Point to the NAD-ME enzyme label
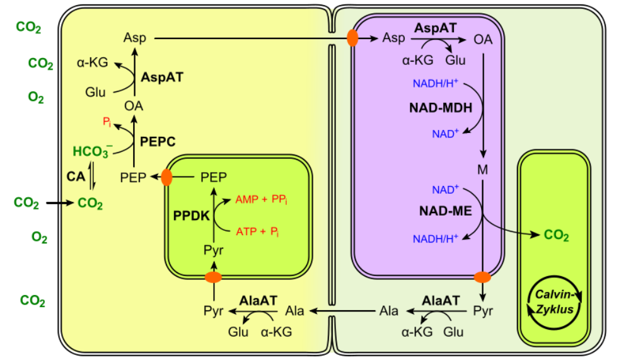[x=446, y=211]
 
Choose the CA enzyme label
[x=76, y=177]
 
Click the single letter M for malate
[x=483, y=170]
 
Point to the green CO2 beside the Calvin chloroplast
[x=557, y=236]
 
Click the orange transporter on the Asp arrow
[x=353, y=38]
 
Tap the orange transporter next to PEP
[x=167, y=177]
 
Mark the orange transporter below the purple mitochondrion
[x=482, y=277]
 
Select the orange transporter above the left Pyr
[x=214, y=277]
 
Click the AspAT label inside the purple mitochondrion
[x=436, y=28]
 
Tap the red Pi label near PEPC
[x=107, y=122]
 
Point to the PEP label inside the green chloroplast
[x=213, y=177]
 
